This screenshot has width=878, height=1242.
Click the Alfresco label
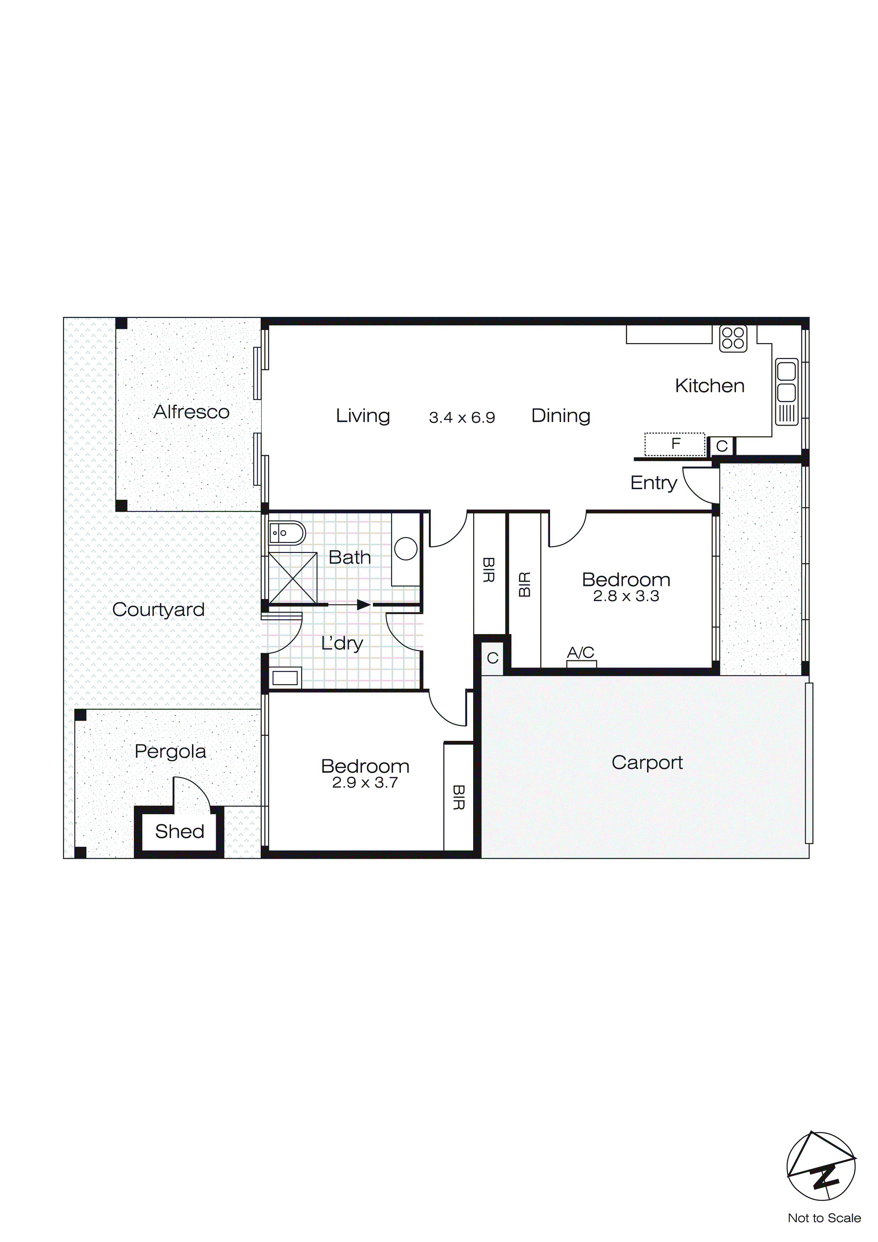pos(191,412)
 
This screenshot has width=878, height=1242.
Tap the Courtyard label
pos(158,610)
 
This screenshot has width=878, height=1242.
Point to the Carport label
pos(647,763)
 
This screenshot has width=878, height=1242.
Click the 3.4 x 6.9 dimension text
pos(462,418)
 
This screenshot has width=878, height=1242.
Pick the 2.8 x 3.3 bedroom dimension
pos(626,596)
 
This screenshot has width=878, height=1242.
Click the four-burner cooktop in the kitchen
pos(733,339)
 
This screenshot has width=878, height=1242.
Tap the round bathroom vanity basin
pos(406,549)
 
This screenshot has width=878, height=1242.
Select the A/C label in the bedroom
pos(580,653)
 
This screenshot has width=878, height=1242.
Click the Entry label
pos(654,482)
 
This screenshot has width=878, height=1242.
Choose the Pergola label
pos(170,751)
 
